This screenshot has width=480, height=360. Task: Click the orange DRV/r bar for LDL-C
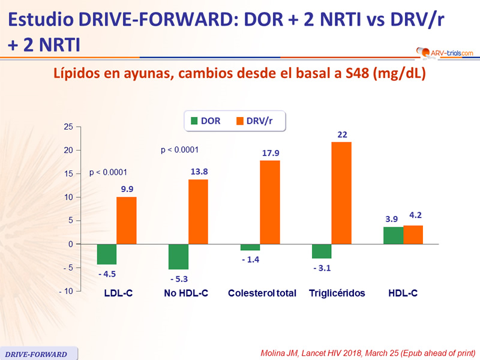click(x=126, y=220)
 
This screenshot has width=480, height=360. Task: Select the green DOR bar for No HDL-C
click(x=179, y=257)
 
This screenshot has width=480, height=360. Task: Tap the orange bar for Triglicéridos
click(x=341, y=193)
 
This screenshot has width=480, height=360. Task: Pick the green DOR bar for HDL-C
click(x=393, y=235)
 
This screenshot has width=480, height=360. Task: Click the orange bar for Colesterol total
click(x=270, y=202)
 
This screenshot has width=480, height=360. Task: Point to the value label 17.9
click(x=271, y=153)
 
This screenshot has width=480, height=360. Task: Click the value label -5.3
click(x=178, y=278)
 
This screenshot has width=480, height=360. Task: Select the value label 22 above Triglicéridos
click(x=343, y=134)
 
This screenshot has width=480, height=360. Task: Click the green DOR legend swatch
click(x=194, y=121)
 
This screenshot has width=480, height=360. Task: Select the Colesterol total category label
click(x=262, y=293)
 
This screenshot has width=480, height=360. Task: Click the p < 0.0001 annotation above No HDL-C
click(x=179, y=150)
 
